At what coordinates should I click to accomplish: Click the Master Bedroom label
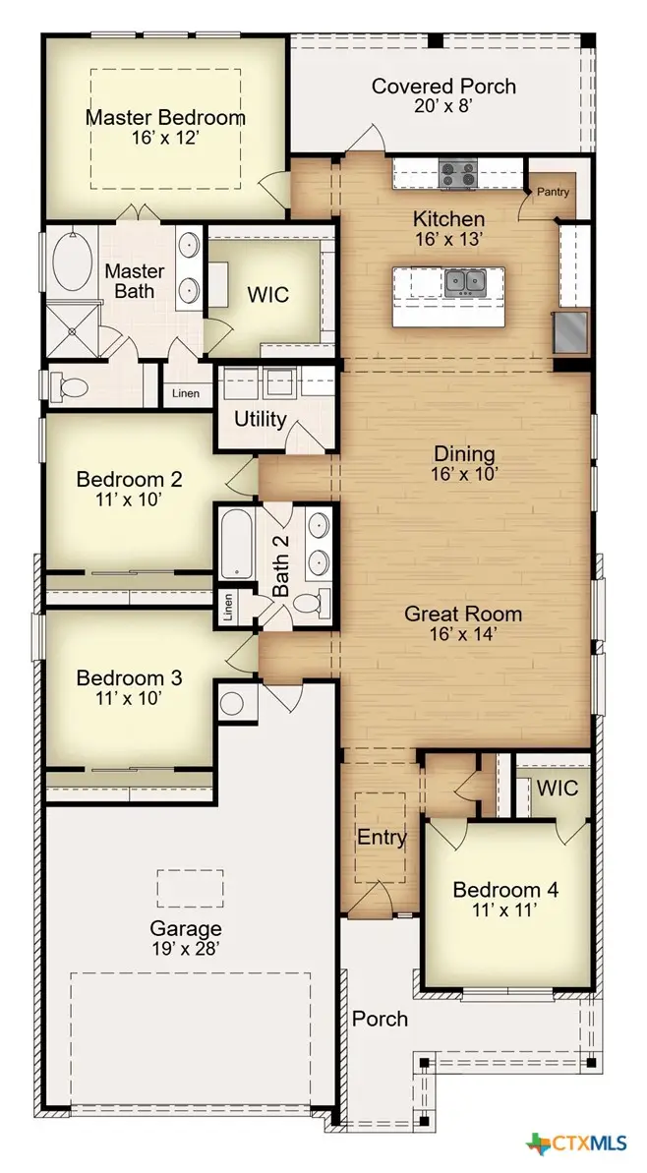(x=165, y=117)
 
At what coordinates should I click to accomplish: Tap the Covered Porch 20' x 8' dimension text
(x=442, y=107)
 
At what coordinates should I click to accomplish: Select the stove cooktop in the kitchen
(x=457, y=175)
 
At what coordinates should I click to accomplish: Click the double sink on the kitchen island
(x=464, y=283)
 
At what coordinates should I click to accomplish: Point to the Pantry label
(x=552, y=193)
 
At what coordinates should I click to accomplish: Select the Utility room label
(x=261, y=420)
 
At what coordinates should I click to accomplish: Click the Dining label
(x=465, y=454)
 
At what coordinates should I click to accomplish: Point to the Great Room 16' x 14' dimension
(x=463, y=635)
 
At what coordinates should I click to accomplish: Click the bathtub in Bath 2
(x=237, y=543)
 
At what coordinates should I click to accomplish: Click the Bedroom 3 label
(x=129, y=678)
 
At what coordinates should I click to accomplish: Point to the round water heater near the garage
(x=234, y=703)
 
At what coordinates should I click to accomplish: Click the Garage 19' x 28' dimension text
(x=185, y=949)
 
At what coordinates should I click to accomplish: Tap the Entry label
(x=382, y=838)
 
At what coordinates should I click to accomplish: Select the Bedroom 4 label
(x=505, y=890)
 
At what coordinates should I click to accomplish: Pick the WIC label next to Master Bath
(x=267, y=294)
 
